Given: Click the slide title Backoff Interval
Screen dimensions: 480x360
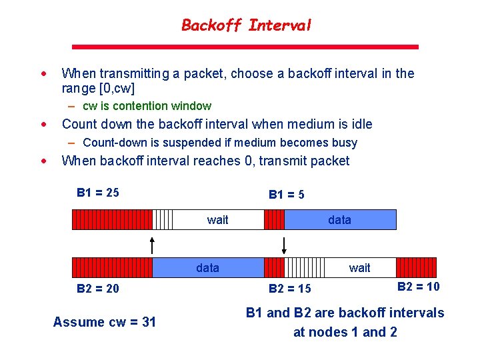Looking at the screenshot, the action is (246, 26).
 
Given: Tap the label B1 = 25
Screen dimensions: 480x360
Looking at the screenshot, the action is (98, 193).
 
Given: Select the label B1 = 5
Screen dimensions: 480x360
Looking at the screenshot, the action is (287, 195).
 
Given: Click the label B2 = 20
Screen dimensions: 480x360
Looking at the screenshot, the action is (98, 288).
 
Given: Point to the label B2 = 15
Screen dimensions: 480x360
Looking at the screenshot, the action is (289, 289).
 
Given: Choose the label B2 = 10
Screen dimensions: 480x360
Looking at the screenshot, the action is (418, 287).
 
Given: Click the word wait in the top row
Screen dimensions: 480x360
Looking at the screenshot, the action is (218, 220).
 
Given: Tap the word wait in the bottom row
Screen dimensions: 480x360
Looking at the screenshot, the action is (359, 268).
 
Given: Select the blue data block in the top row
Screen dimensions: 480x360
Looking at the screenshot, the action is (340, 220).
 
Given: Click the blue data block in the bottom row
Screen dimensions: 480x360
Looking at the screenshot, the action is (207, 268).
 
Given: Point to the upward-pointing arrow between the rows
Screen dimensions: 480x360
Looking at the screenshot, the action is (153, 244).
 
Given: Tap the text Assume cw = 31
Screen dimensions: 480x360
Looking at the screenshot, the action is (105, 322).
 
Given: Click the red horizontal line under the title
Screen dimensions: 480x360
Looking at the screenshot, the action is (245, 47).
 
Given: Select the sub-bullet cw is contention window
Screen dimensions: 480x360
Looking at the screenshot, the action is (147, 106).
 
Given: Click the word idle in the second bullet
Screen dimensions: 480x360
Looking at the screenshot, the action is (361, 124).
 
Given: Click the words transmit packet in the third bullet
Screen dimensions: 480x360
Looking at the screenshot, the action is (304, 161).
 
